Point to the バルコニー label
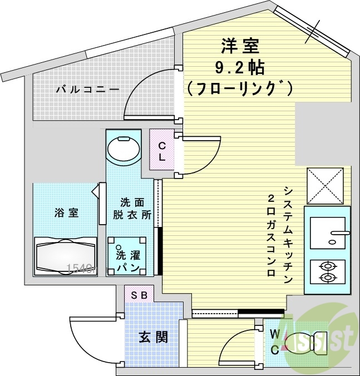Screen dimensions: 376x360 click(87, 89)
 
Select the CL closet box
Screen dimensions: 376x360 click(162, 151)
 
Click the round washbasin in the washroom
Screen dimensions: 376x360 click(123, 149)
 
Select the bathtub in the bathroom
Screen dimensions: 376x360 click(66, 256)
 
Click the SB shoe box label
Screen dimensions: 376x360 click(139, 295)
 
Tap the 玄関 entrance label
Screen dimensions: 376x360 click(153, 337)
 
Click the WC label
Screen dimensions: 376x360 click(275, 342)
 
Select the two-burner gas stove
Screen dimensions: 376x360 click(327, 271)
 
